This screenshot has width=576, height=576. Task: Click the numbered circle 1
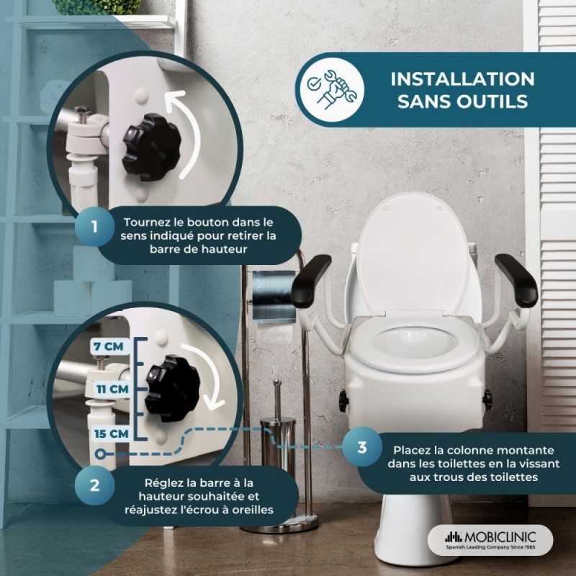94,226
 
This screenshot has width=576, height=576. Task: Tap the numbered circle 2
94,485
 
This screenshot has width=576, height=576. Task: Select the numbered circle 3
362,447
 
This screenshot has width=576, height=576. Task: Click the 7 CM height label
109,346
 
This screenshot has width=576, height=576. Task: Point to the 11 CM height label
112,389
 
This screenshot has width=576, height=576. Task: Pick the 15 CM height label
111,434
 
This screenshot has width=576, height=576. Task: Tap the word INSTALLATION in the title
462,79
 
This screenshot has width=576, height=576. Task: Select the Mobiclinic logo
490,539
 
